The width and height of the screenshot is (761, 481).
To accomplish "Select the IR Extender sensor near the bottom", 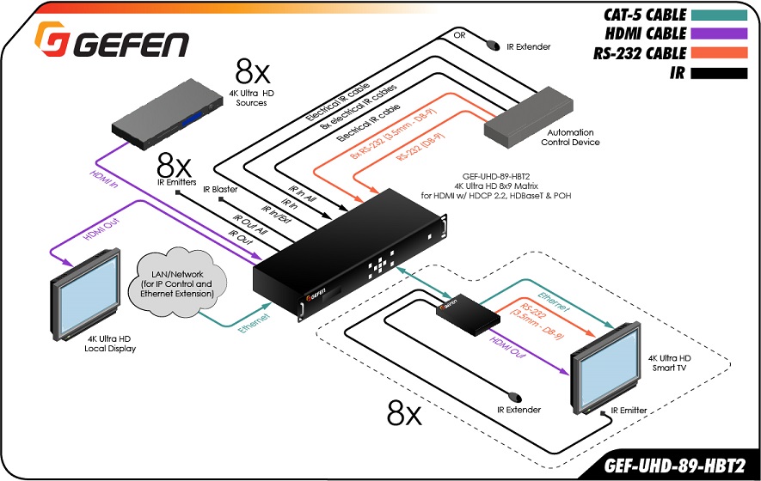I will tap(515, 398).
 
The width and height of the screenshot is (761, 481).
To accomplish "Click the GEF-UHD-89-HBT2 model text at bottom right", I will tap(674, 465).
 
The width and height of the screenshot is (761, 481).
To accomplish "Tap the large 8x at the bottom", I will tap(404, 413).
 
